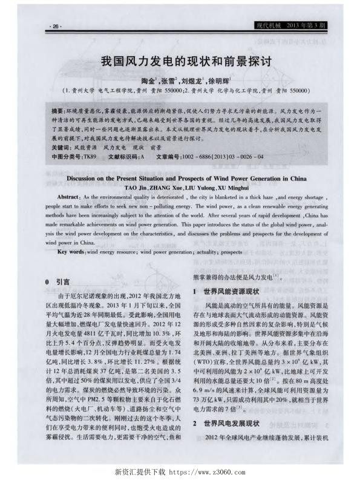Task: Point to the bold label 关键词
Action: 61,147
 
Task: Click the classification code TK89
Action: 90,156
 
